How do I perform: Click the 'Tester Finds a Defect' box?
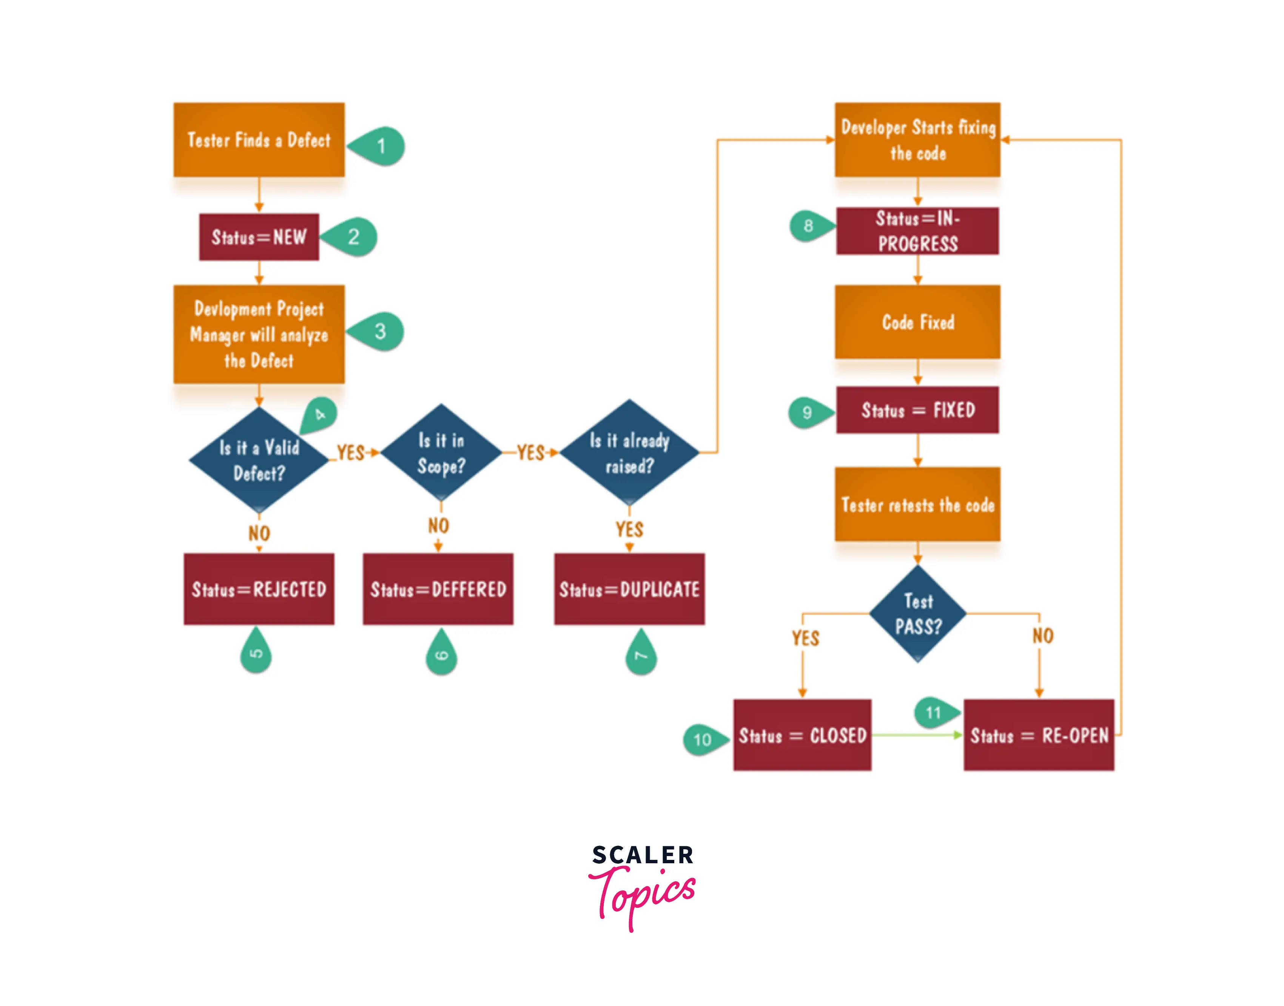[x=259, y=140]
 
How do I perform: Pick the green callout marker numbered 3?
[x=378, y=331]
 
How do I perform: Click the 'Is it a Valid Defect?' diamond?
[x=259, y=460]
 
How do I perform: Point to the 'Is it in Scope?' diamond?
[x=441, y=453]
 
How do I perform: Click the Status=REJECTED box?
[x=259, y=589]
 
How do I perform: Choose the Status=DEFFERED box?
[x=438, y=589]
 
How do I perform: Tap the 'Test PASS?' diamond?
[x=917, y=614]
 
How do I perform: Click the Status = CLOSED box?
[x=802, y=735]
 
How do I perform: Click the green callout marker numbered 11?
[x=934, y=713]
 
